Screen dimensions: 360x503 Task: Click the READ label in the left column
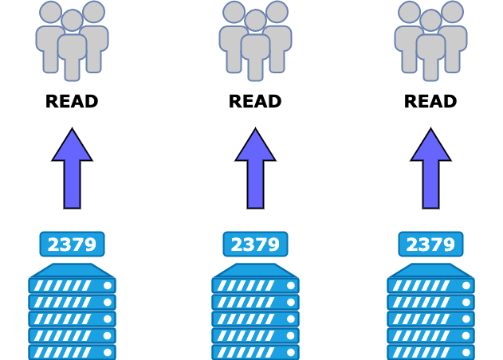pos(72,102)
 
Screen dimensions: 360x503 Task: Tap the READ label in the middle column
pos(255,102)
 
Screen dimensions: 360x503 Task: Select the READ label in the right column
pos(430,102)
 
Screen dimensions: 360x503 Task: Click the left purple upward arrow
pos(72,169)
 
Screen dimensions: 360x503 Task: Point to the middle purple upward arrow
pos(255,169)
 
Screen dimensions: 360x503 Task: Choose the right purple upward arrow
pos(430,169)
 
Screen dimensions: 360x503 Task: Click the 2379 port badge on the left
pos(72,245)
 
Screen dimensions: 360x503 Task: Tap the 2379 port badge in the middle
pos(255,245)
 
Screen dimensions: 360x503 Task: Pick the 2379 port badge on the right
pos(430,245)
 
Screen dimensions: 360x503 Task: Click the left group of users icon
pos(72,40)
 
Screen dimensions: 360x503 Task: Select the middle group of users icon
pos(255,40)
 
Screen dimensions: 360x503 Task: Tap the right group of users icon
pos(430,40)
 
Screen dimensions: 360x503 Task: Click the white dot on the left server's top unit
pos(108,285)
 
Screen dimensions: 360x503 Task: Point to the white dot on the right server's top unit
pos(466,285)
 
